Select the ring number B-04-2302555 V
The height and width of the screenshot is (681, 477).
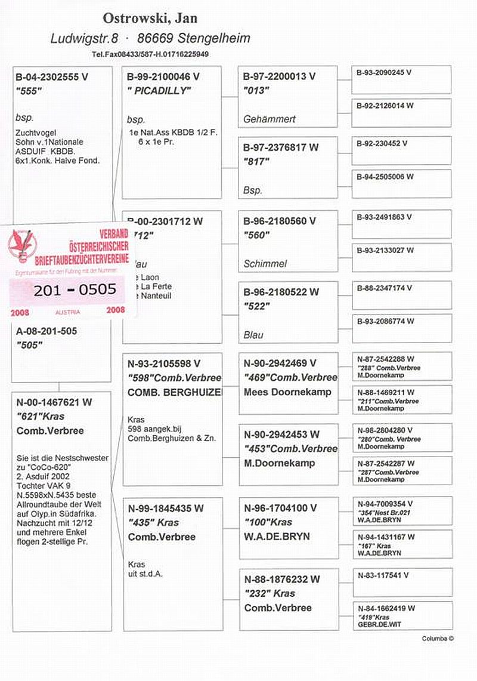(52, 77)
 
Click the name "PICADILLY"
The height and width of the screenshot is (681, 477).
(159, 91)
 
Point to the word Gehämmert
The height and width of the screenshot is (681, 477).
(270, 119)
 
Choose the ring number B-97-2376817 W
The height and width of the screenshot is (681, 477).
(281, 147)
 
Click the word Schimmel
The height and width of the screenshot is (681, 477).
(265, 264)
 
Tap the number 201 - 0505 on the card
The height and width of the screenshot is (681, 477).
(75, 290)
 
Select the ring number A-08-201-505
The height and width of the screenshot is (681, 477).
(47, 331)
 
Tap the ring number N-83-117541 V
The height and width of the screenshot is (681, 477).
(383, 575)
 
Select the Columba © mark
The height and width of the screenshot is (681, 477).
(438, 639)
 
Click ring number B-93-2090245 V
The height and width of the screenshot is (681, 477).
(385, 72)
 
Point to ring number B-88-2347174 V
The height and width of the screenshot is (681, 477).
(385, 288)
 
